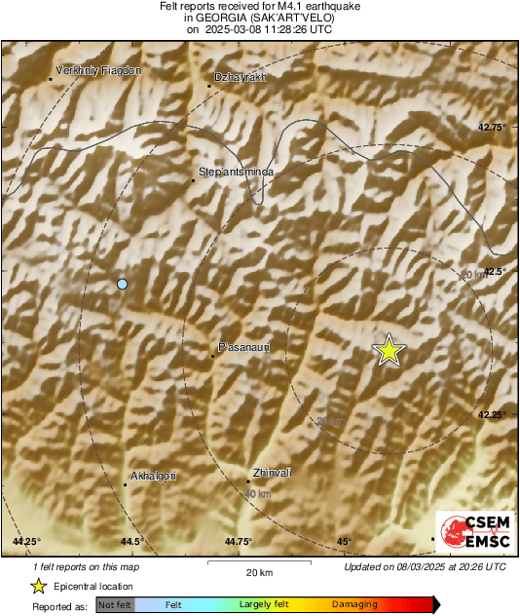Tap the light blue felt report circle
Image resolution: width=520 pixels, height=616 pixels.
click(x=122, y=284)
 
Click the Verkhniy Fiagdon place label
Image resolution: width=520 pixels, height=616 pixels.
click(x=98, y=70)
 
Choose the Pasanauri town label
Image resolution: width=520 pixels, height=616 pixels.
click(x=243, y=347)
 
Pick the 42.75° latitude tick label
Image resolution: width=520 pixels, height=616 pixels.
click(x=493, y=128)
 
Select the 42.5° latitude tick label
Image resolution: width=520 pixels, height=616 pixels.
click(x=495, y=272)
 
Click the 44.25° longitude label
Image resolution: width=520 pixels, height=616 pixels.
click(x=26, y=541)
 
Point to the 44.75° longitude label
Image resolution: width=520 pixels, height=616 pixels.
click(x=238, y=541)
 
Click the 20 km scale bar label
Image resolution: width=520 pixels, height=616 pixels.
click(x=258, y=571)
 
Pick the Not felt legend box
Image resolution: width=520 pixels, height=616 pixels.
click(x=114, y=605)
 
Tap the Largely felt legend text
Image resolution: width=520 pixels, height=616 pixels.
click(x=262, y=605)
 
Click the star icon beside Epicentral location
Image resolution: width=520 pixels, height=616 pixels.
click(x=38, y=587)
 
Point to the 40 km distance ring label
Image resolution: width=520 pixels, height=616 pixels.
click(x=257, y=495)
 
